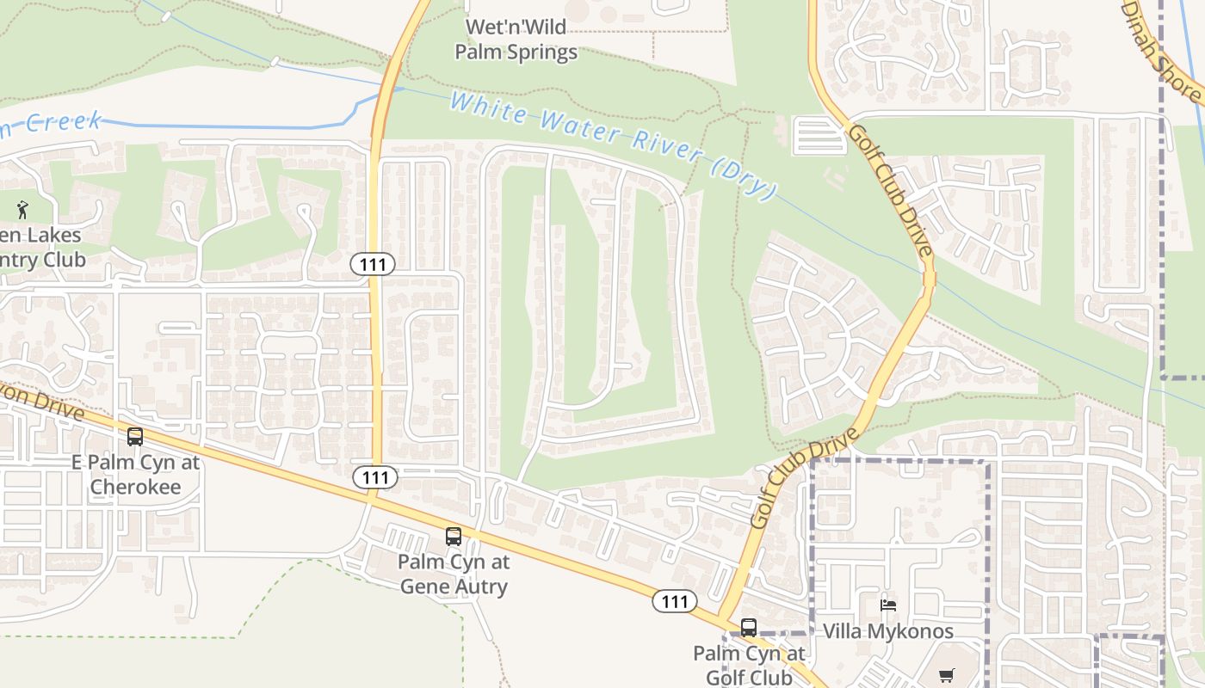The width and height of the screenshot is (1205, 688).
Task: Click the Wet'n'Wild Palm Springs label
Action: coord(516,40)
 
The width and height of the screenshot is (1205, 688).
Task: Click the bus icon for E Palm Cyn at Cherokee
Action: coord(135,436)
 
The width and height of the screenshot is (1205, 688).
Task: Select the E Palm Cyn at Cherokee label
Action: coord(135,474)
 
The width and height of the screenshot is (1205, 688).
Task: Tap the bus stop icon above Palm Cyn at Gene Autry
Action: coord(454,537)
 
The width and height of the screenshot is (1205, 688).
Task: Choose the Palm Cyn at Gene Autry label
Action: coord(454,574)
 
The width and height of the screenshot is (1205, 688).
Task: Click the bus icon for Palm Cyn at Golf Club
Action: coord(749,627)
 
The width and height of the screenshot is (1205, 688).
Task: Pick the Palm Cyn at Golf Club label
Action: coord(749,665)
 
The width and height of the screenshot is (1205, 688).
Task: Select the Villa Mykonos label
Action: coord(888,631)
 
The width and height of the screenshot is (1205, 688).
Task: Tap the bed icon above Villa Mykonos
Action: coord(888,605)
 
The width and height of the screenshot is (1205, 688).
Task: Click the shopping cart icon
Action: coord(947,675)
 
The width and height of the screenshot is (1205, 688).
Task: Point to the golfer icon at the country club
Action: coord(23,208)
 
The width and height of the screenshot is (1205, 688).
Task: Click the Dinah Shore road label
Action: coord(1162,52)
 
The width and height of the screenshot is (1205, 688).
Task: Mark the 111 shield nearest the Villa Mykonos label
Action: coord(674,601)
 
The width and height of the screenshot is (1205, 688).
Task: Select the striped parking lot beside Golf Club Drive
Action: coord(819,136)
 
